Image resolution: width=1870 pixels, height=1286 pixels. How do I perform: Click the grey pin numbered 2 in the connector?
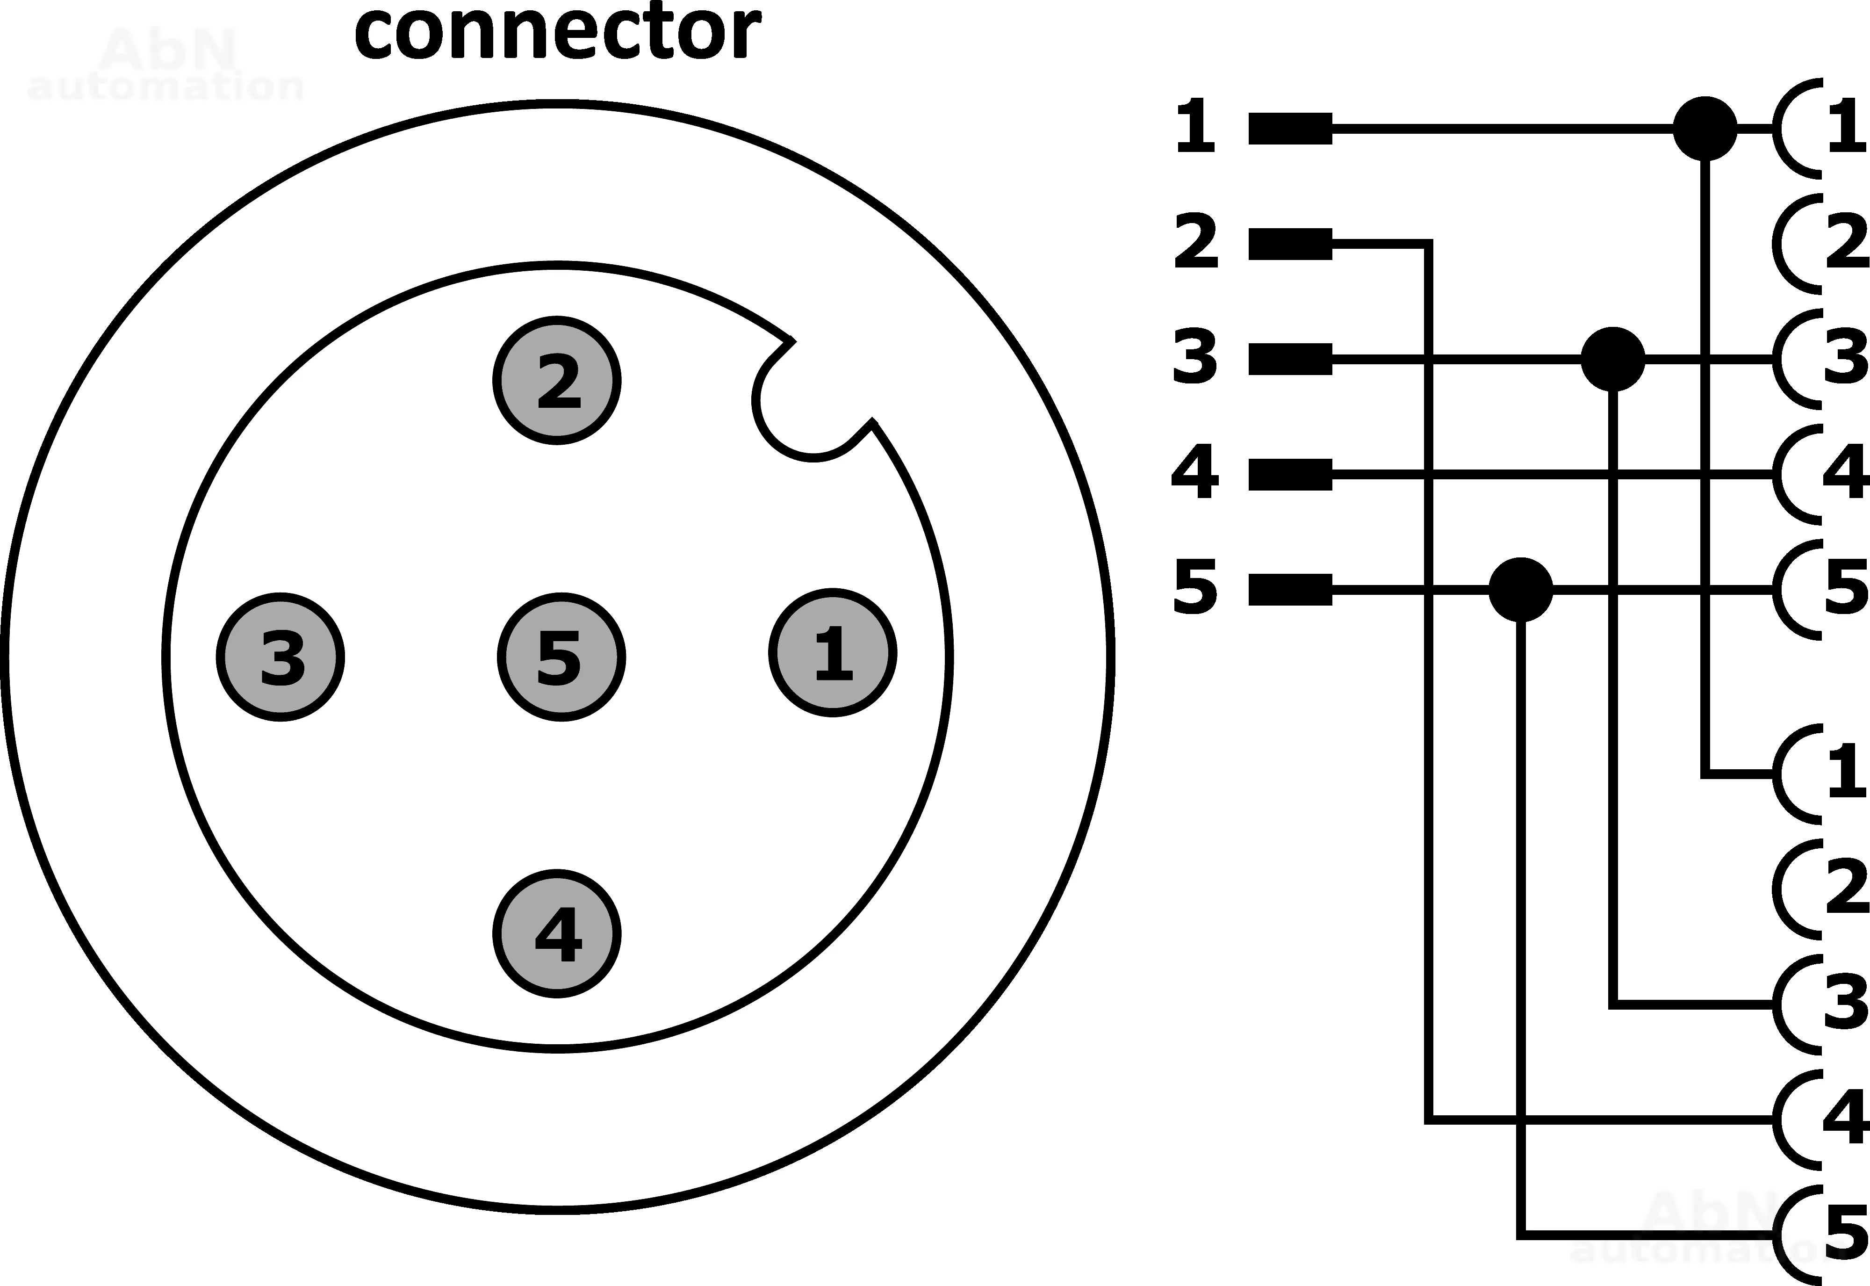pos(556,380)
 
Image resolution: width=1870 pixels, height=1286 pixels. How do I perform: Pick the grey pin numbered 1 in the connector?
pos(833,653)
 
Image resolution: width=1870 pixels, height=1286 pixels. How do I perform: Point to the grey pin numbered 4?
pos(556,934)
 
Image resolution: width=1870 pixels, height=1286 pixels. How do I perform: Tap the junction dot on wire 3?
pos(1612,359)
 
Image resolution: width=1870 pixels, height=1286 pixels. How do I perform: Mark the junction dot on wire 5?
pos(1520,590)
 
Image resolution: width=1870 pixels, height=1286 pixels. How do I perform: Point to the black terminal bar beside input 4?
pos(1290,475)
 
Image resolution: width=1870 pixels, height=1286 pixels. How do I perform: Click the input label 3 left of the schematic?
pos(1195,356)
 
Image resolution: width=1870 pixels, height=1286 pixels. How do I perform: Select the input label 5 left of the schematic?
pos(1195,586)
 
